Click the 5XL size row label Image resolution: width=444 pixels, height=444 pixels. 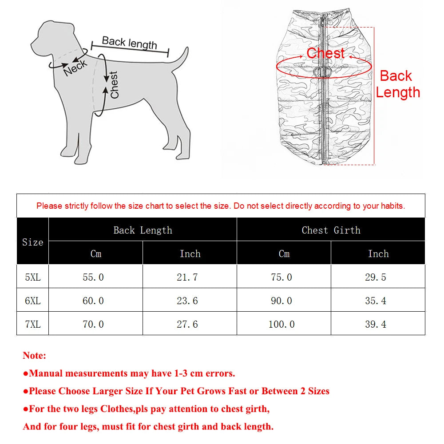click(32, 277)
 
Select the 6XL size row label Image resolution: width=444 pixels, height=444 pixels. click(32, 301)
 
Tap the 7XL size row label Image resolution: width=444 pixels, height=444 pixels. click(32, 324)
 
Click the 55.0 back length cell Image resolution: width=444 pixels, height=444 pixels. click(93, 277)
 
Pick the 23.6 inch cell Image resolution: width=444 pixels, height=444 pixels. click(187, 301)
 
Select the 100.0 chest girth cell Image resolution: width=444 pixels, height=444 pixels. click(281, 324)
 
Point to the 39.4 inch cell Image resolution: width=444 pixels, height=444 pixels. click(376, 324)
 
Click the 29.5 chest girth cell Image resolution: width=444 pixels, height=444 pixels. click(376, 277)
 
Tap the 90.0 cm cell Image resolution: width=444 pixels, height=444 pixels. click(281, 301)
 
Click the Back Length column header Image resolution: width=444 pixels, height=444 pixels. click(143, 230)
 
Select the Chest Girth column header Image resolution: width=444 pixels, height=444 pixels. click(331, 230)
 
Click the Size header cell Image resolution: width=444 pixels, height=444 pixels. click(32, 242)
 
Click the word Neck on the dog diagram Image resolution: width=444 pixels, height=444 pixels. click(75, 67)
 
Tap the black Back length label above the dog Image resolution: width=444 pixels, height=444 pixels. click(129, 43)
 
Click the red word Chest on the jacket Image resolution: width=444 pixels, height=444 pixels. click(325, 53)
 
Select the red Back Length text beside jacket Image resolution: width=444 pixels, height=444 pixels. click(397, 84)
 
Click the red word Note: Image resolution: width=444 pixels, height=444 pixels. click(34, 356)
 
